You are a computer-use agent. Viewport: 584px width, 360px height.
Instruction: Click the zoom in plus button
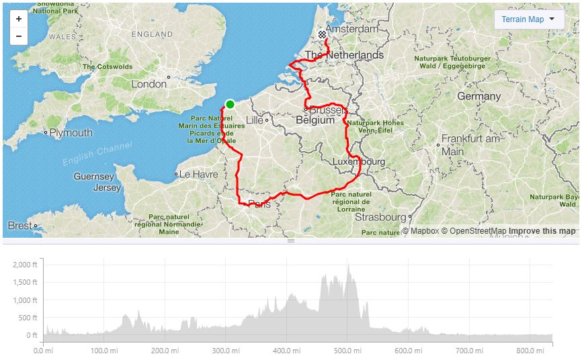coord(19,19)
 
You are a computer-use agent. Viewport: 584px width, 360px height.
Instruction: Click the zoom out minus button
coord(19,36)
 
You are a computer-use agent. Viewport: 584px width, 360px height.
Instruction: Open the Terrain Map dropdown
coord(529,19)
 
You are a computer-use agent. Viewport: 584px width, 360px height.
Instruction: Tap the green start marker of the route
coord(230,103)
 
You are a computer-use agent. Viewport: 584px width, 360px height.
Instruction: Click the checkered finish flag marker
coord(322,34)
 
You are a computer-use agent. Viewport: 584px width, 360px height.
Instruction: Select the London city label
coord(149,84)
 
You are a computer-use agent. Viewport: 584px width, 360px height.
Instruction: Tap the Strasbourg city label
coord(381,217)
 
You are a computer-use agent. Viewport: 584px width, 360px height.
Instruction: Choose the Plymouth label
coord(71,133)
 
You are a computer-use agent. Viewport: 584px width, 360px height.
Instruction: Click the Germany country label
coord(479,96)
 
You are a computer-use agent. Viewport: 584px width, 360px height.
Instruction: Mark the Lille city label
coord(255,120)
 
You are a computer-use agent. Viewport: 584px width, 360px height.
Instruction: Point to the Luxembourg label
coord(359,162)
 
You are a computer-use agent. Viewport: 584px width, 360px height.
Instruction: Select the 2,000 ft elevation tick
coord(25,265)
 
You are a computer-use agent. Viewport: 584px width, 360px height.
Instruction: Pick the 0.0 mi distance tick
coord(43,350)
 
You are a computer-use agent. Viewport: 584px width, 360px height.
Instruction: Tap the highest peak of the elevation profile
coord(348,264)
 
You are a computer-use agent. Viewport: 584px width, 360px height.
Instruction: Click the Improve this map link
coord(542,231)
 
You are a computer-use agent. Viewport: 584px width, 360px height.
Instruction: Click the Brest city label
coord(19,226)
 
